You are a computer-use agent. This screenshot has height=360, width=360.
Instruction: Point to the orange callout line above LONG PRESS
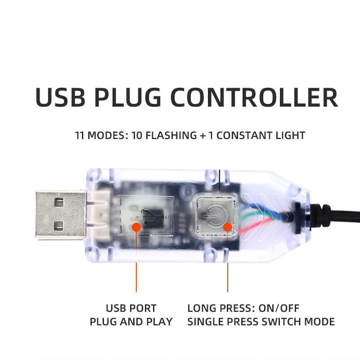pos(228,270)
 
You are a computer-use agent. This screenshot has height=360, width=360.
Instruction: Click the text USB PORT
pos(131,309)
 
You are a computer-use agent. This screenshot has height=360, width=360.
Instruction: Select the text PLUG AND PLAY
pos(131,322)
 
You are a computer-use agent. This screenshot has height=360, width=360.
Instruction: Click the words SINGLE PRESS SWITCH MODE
pos(261,322)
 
